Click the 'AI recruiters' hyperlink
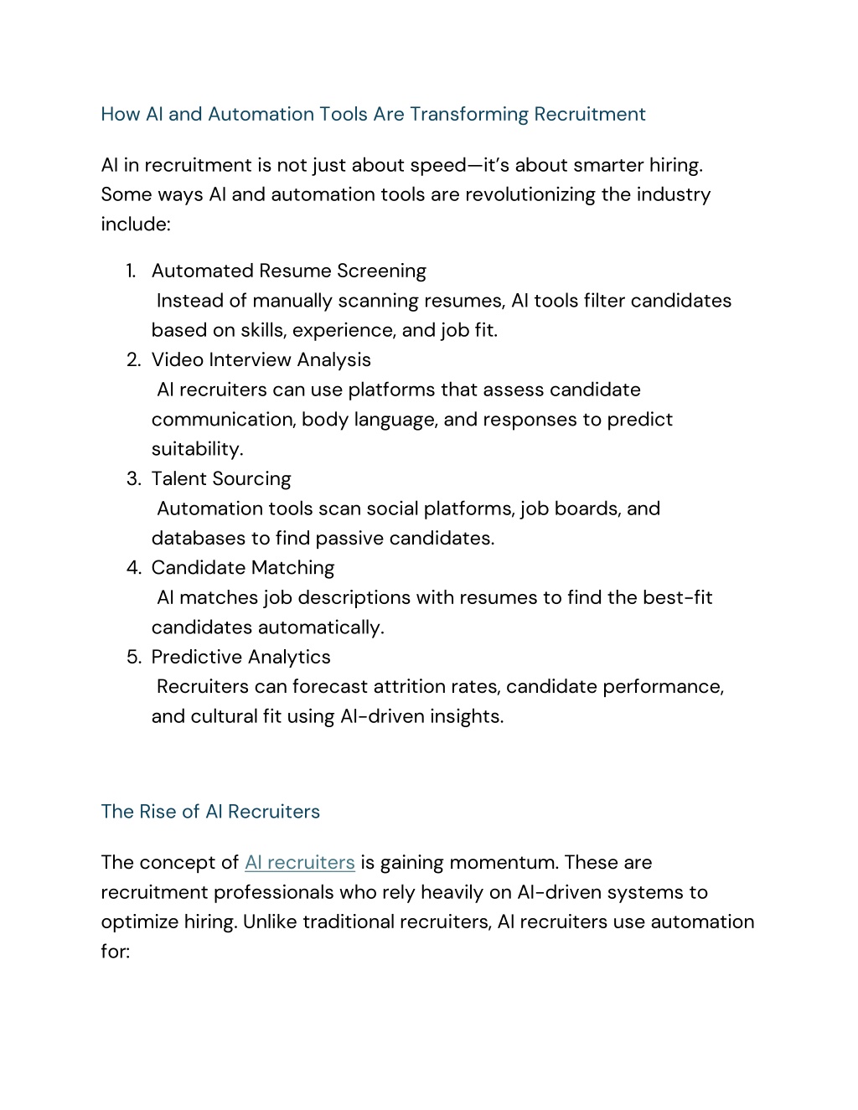click(299, 863)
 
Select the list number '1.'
click(132, 271)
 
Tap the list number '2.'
click(133, 360)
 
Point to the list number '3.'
click(133, 479)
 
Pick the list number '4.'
click(133, 568)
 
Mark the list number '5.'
click(133, 658)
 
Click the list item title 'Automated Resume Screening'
click(288, 271)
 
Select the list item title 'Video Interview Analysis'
click(261, 360)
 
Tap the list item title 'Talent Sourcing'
click(221, 479)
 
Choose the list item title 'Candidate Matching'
click(242, 568)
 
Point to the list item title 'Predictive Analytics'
click(240, 658)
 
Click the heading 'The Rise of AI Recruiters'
click(210, 812)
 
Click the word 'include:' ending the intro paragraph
click(136, 225)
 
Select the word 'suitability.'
click(197, 450)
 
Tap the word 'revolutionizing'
click(530, 195)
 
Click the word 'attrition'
click(409, 687)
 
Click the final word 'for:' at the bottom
click(115, 952)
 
